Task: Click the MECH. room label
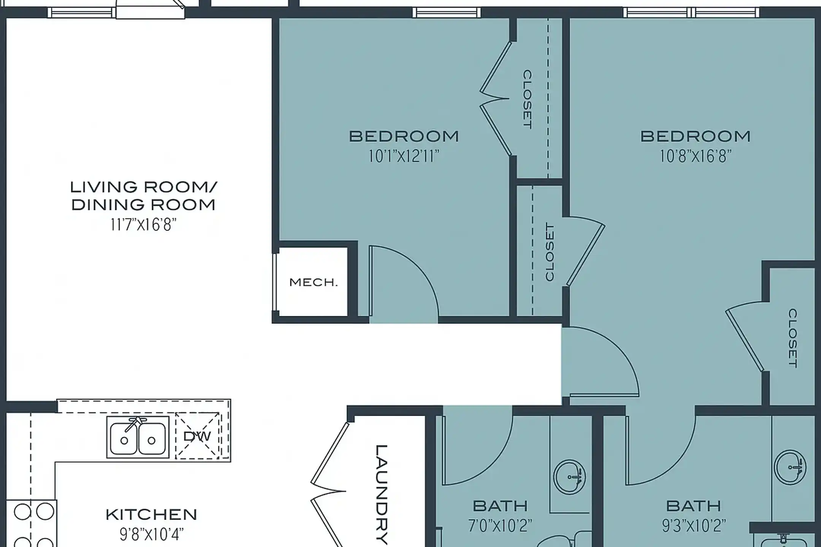click(313, 282)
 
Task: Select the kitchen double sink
click(138, 437)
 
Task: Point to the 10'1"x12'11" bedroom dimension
click(404, 156)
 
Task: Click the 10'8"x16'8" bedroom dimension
click(695, 156)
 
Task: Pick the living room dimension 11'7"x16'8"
click(143, 225)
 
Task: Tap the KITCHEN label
click(151, 515)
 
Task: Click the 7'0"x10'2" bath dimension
click(500, 526)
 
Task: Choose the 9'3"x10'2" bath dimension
click(694, 526)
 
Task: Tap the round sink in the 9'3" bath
click(790, 467)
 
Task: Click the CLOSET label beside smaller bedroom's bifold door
click(527, 99)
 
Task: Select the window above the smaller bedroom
click(447, 13)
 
